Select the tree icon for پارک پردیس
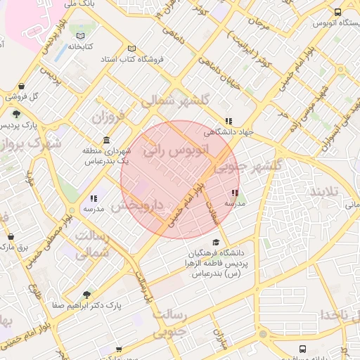point(15,114)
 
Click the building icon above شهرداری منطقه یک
point(106,139)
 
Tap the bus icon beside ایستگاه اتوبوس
point(338,12)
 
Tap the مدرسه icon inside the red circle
point(234,193)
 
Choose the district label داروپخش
point(137,205)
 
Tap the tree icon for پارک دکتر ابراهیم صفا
point(86,295)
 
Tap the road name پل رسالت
point(143,288)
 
